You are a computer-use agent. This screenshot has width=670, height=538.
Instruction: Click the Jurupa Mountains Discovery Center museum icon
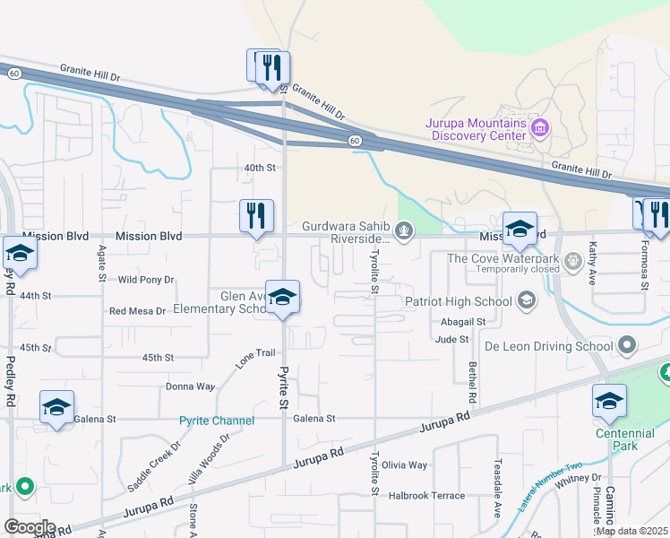540,128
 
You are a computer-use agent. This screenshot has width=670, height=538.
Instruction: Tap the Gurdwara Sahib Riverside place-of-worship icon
405,232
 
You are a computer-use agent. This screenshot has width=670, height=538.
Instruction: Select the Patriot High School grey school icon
528,300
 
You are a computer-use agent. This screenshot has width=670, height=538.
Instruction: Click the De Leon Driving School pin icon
627,345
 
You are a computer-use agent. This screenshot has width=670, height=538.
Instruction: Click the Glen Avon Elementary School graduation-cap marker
282,299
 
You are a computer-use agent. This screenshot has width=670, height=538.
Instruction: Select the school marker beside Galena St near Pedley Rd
56,409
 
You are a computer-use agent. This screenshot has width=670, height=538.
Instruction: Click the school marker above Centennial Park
609,402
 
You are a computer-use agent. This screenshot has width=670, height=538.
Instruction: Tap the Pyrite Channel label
217,421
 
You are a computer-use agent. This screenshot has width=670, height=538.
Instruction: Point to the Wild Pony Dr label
146,280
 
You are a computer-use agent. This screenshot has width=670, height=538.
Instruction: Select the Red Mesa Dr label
137,311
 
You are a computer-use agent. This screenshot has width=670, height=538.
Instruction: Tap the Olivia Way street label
405,465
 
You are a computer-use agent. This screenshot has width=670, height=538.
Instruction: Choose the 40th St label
260,168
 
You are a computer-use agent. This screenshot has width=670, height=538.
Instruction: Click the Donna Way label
190,387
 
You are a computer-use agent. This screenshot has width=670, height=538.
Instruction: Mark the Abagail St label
463,321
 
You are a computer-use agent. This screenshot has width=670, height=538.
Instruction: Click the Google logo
30,527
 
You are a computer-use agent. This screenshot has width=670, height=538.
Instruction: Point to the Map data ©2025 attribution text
631,531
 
